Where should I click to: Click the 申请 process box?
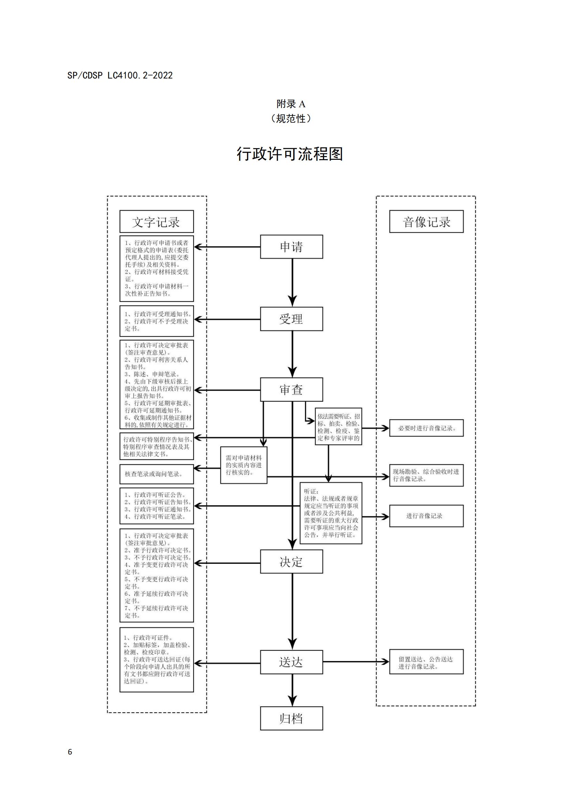click(291, 246)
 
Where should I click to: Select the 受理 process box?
click(291, 319)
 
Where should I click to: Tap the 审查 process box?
click(291, 389)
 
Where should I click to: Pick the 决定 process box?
click(291, 561)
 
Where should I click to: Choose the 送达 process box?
click(291, 662)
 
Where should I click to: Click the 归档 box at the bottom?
click(291, 718)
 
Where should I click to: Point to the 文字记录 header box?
click(157, 221)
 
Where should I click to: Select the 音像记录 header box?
click(426, 221)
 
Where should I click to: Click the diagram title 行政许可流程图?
click(290, 154)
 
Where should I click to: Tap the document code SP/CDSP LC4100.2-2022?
click(120, 75)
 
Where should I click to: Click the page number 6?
click(70, 752)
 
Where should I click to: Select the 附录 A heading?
click(291, 104)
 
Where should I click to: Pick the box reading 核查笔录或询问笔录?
click(157, 474)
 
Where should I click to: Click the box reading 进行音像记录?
click(426, 516)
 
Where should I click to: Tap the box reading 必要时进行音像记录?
click(426, 428)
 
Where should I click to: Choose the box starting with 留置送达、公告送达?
click(426, 662)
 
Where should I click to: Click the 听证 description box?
click(331, 513)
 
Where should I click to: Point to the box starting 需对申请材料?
click(244, 465)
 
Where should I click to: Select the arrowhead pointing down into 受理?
click(292, 301)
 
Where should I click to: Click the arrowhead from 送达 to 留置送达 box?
click(385, 662)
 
